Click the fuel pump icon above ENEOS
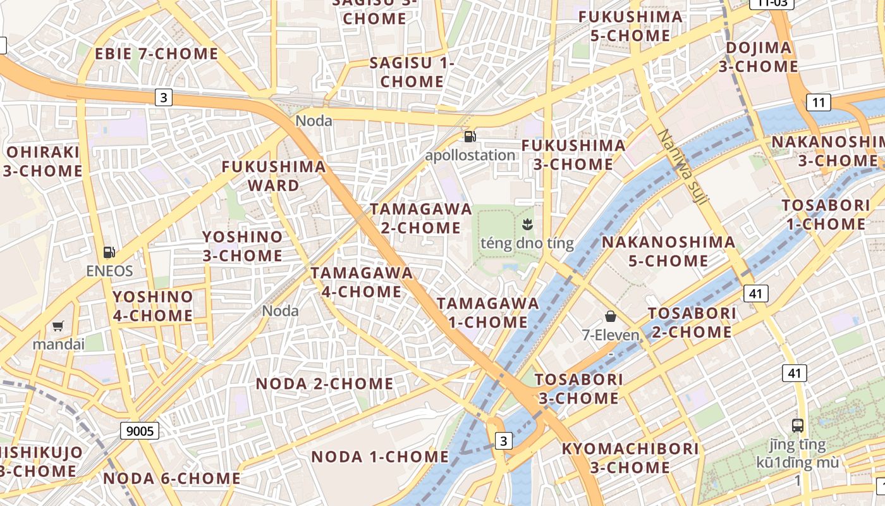(109, 252)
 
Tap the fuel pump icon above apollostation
(470, 136)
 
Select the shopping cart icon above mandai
(58, 326)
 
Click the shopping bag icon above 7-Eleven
(610, 316)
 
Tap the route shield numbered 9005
(140, 431)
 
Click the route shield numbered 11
(819, 102)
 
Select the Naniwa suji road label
(683, 167)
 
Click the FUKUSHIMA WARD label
(274, 176)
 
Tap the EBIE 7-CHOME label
(156, 54)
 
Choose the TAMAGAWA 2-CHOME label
(421, 218)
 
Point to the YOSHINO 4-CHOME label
(152, 305)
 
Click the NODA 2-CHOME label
(324, 384)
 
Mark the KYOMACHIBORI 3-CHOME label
(630, 458)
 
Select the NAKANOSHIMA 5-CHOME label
(668, 251)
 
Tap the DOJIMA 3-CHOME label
(759, 57)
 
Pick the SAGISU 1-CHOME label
(412, 72)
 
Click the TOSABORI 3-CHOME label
(579, 389)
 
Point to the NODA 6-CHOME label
(172, 478)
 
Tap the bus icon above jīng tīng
(798, 425)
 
